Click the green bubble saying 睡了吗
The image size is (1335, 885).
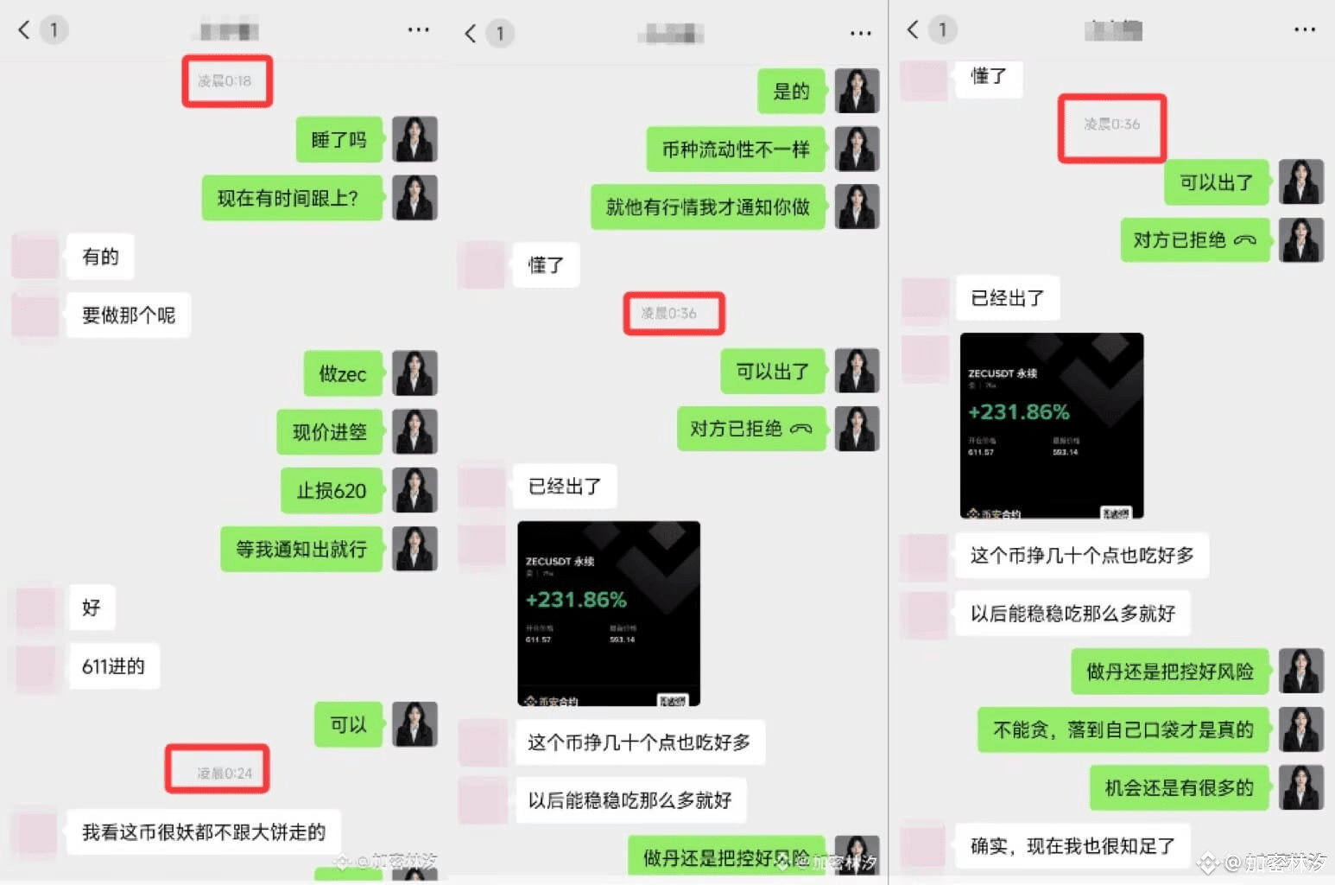pos(338,140)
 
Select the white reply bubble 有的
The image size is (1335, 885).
pos(100,257)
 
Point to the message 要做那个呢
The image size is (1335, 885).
pos(128,315)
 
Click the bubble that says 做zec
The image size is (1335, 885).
pos(342,374)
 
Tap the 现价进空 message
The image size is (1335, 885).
pos(329,432)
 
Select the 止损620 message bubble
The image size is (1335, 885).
pos(331,491)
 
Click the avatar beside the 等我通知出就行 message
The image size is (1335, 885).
pos(414,549)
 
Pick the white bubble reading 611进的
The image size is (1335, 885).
pos(113,666)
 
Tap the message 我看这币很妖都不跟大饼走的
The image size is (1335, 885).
pos(203,832)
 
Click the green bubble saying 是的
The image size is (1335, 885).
pos(791,92)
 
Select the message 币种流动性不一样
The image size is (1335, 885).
pos(736,150)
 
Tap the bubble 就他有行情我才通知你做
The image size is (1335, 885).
pos(707,207)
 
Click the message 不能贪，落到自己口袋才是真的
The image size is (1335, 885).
pos(1123,730)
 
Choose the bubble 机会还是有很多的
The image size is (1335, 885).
pos(1179,787)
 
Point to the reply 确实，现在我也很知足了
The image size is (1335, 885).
pos(1072,846)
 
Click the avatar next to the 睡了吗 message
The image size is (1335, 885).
pos(414,139)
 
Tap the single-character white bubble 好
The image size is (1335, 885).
pos(92,608)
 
